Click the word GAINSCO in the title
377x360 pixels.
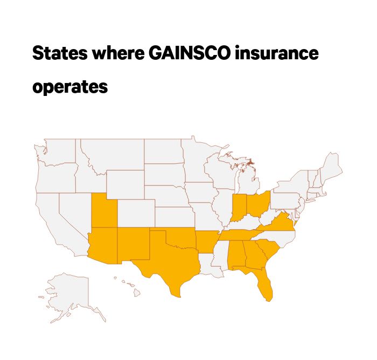pyautogui.click(x=174, y=54)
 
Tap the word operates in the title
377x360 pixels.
pyautogui.click(x=70, y=86)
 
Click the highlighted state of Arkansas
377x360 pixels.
pyautogui.click(x=206, y=243)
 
